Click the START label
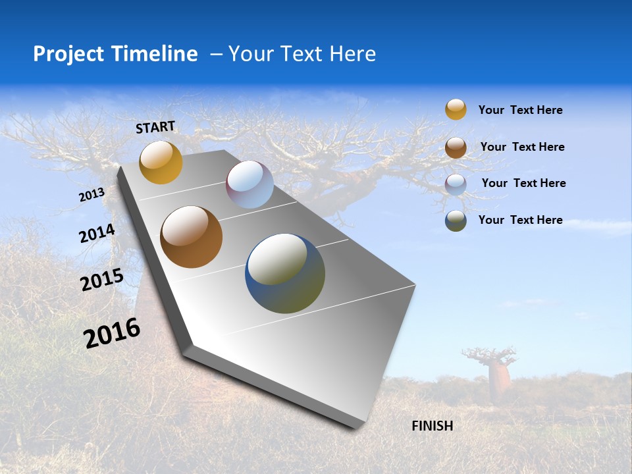(155, 127)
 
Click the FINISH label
(432, 426)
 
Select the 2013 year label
(92, 195)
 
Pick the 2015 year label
(102, 280)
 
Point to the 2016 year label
(112, 333)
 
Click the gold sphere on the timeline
(161, 162)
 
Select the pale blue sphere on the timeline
(250, 184)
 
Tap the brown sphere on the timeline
(191, 237)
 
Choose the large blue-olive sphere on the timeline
(284, 273)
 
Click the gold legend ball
(456, 109)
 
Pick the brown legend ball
(456, 147)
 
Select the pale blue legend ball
(456, 184)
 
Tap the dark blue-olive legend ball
(456, 221)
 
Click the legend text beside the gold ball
(520, 111)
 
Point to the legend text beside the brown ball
(522, 147)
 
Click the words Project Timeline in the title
(115, 54)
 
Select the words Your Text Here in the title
(302, 54)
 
